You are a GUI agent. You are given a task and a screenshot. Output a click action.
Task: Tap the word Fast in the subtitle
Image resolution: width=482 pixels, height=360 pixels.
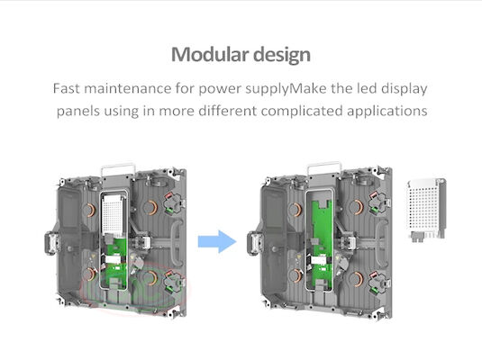(66, 88)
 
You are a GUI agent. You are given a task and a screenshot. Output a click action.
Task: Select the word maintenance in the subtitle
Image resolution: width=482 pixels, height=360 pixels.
(128, 88)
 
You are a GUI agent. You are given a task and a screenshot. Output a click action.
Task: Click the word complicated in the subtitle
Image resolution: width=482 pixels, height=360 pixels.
(302, 111)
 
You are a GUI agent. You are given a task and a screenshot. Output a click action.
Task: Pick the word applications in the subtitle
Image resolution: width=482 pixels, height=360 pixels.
(387, 111)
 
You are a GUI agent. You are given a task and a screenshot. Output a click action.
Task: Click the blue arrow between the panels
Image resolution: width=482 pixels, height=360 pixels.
(217, 241)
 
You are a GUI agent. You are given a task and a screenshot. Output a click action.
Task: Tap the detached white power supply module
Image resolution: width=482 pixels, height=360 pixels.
(427, 210)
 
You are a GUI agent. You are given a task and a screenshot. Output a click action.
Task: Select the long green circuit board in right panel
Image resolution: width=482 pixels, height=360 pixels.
(322, 243)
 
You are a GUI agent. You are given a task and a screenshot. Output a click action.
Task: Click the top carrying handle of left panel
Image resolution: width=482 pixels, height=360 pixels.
(118, 169)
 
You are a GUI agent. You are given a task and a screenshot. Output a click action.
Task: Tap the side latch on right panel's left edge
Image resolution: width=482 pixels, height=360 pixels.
(255, 243)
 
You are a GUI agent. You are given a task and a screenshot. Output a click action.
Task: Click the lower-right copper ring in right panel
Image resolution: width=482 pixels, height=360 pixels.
(357, 279)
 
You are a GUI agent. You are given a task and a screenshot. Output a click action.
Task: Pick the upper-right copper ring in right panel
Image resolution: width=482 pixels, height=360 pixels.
(357, 208)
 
